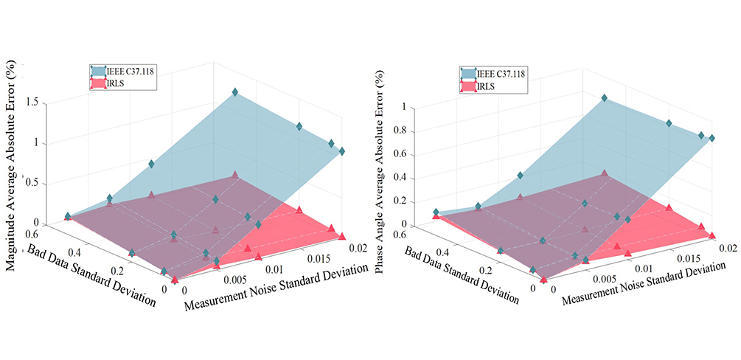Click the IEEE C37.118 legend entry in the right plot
[501, 73]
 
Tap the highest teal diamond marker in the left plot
[235, 92]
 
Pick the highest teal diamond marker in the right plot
[604, 98]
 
